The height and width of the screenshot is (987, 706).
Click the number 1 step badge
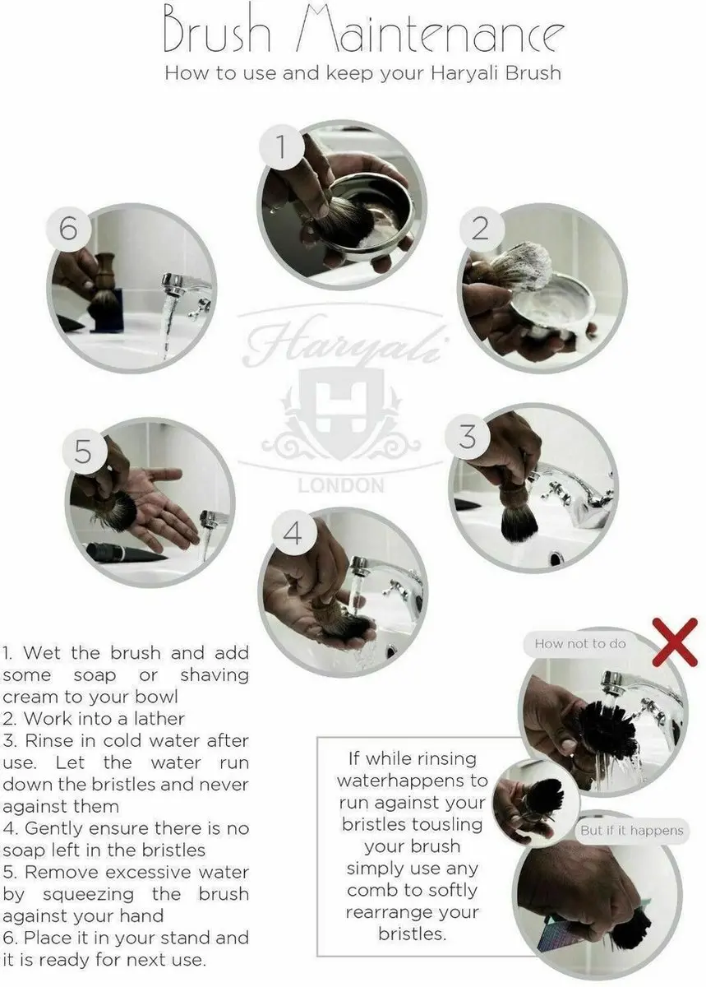pos(281,146)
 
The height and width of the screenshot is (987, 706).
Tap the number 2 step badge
pos(481,229)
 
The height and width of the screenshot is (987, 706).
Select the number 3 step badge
pos(468,437)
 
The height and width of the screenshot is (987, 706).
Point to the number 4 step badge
pos(293,534)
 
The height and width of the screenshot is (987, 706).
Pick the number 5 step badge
pos(84,452)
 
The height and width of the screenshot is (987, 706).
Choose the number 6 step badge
pos(69,229)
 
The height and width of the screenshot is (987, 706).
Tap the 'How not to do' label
pos(580,644)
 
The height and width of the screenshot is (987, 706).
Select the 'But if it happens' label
pos(631,831)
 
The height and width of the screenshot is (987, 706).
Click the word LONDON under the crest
pos(341,485)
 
